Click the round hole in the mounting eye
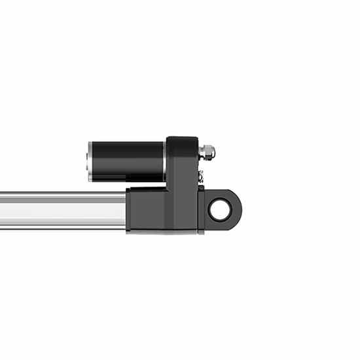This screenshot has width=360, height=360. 221,209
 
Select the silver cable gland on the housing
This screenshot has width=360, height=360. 208,153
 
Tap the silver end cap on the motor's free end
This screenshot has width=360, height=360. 89,161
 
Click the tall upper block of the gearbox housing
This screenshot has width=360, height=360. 182,160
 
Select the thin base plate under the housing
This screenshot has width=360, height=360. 164,232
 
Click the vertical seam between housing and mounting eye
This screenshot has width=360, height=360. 198,209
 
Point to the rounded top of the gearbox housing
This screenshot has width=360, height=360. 182,139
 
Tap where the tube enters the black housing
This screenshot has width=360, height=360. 127,211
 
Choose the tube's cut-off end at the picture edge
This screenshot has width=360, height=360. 2,211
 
